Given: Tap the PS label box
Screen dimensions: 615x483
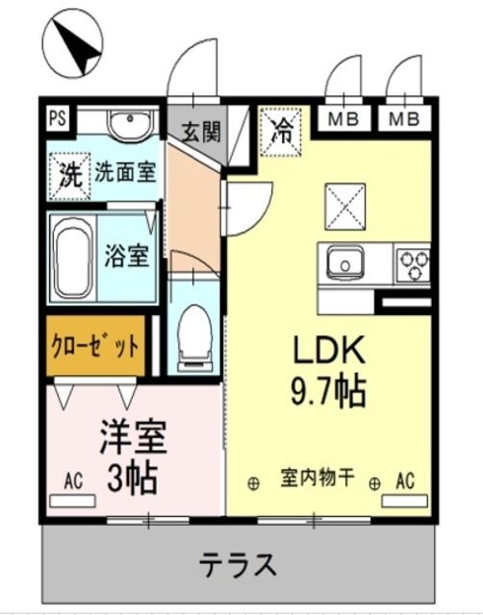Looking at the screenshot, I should (x=58, y=120).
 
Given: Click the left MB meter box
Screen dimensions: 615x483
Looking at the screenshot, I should (x=343, y=120).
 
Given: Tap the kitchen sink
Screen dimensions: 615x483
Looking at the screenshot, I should (x=343, y=261).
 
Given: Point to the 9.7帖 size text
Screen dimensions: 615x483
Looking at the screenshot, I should (x=327, y=390).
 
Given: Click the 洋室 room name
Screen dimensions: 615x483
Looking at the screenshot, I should (x=134, y=438).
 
